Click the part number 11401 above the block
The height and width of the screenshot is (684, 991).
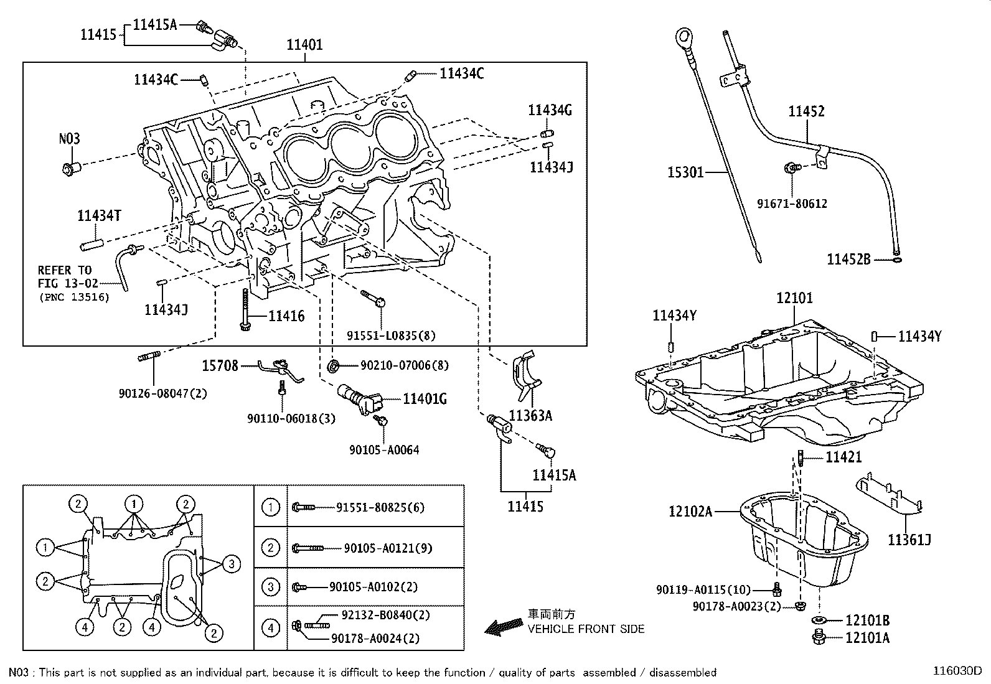click(304, 45)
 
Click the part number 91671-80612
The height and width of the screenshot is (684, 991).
click(792, 204)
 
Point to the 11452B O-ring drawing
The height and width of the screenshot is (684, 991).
click(896, 260)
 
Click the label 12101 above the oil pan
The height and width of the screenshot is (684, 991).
click(794, 298)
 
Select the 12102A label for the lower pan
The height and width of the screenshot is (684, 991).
click(690, 511)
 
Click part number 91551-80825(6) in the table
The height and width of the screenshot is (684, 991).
click(380, 507)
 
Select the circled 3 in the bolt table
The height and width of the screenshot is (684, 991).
click(270, 587)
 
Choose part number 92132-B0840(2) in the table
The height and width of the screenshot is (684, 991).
click(385, 615)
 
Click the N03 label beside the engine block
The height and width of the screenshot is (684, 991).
click(69, 139)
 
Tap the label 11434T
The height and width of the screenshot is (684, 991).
click(99, 215)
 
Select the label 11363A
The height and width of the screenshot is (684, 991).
click(530, 415)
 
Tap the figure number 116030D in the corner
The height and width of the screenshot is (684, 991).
click(957, 672)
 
